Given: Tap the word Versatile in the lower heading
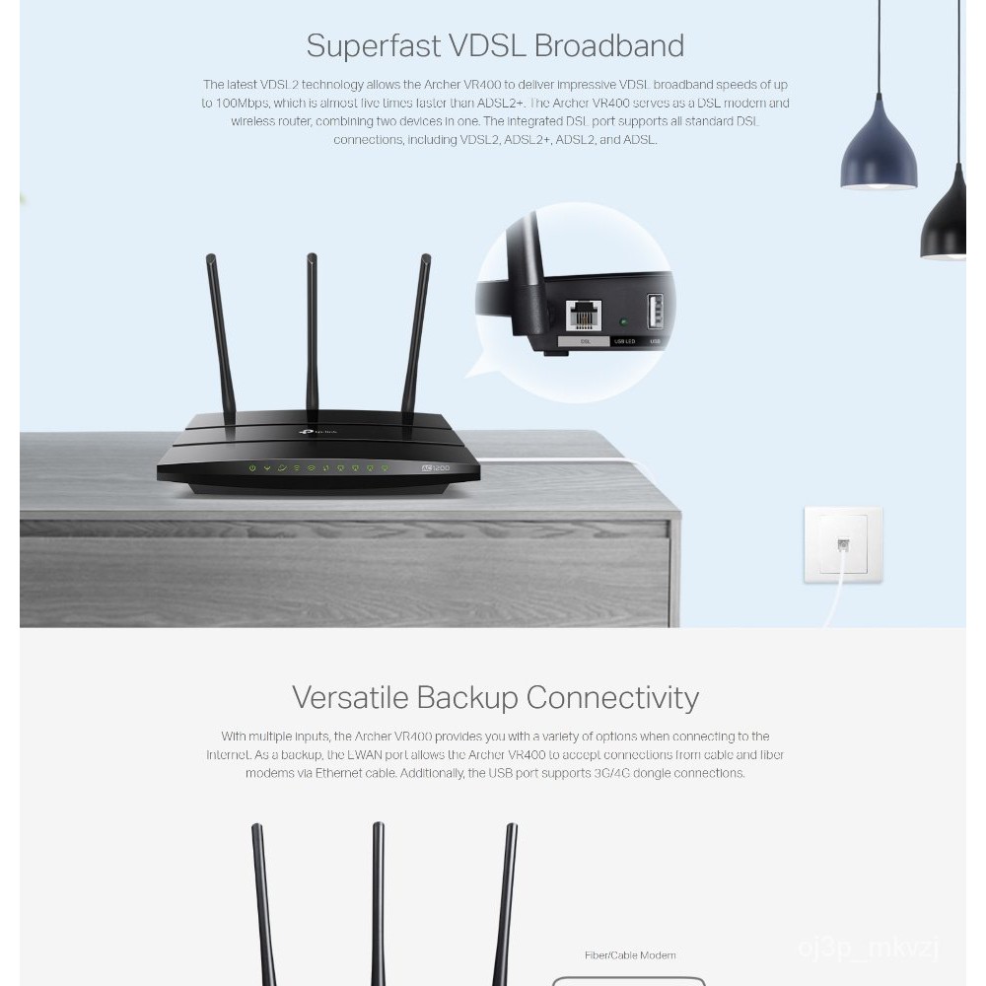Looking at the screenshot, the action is tap(349, 698).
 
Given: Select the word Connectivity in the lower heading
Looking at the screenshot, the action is tap(612, 698).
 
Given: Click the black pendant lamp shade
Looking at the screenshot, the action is tap(946, 222).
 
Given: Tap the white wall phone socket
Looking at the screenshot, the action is tap(842, 545).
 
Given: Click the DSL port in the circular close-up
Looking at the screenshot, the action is tap(584, 314).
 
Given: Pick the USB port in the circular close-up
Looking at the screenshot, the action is tap(655, 311).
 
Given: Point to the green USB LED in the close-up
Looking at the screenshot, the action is tap(623, 321).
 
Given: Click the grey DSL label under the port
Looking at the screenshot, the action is tap(585, 341).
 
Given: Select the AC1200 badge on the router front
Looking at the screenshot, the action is tap(436, 467).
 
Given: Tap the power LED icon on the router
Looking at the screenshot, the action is tap(252, 467).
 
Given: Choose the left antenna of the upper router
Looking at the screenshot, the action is tap(220, 335).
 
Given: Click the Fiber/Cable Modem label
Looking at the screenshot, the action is tap(629, 955).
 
